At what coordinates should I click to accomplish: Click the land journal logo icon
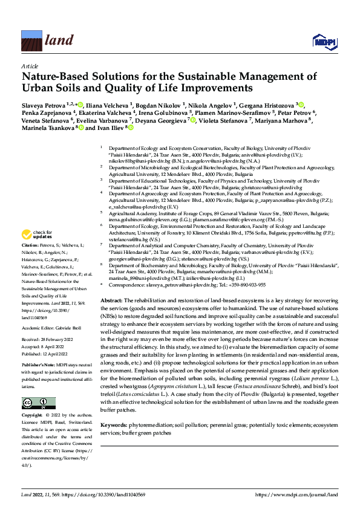point(31,41)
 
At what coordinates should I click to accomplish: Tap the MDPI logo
point(321,42)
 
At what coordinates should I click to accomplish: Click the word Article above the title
point(28,65)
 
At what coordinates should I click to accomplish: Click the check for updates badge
point(36,234)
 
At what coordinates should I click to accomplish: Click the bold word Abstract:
point(111,300)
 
